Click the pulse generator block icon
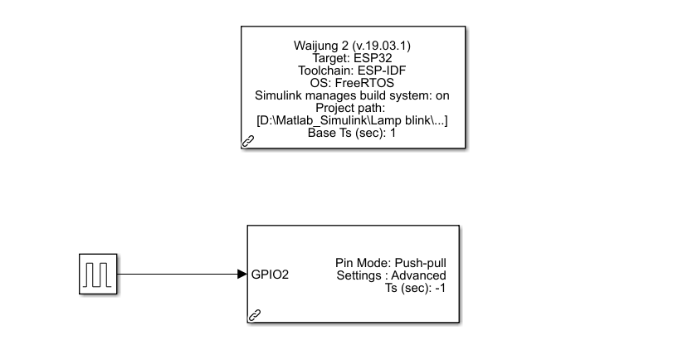[99, 273]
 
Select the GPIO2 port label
[271, 274]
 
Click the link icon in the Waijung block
[248, 142]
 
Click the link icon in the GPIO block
[256, 314]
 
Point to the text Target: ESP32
[353, 58]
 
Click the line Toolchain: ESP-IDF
[353, 71]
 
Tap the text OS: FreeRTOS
[353, 83]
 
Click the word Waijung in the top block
[317, 45]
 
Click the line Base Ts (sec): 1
[353, 133]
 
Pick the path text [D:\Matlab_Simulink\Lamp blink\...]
[353, 120]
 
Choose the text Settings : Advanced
[391, 275]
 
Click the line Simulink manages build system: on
[353, 95]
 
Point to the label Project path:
[353, 108]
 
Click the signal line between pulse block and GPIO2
[174, 273]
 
